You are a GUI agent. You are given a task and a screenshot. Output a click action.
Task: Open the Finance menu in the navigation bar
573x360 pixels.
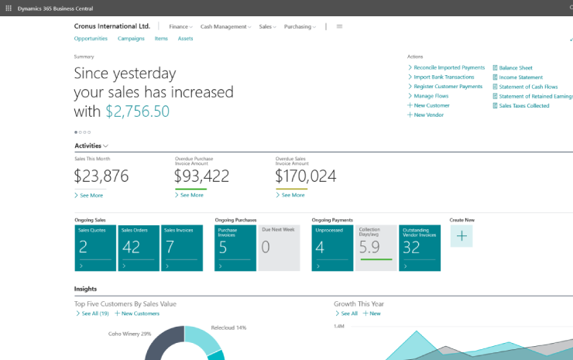point(180,26)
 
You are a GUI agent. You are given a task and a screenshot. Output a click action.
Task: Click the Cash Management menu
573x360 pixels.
point(225,26)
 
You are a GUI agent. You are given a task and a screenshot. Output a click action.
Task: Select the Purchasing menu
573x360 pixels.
point(300,26)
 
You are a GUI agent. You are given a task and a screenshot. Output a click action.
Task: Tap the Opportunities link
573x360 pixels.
point(91,39)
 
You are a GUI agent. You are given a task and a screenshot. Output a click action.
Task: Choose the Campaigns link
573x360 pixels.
point(131,39)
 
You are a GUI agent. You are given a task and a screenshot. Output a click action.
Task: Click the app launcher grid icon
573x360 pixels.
point(9,8)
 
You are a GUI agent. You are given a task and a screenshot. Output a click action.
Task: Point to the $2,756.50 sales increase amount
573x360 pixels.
point(137,111)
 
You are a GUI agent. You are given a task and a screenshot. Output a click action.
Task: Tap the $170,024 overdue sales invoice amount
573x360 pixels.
point(306,177)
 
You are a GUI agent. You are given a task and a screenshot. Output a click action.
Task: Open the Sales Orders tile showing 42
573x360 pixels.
point(139,248)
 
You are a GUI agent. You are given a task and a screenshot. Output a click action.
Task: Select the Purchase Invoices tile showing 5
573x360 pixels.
point(235,248)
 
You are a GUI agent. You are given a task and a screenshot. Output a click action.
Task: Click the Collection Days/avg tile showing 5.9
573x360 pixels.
point(376,248)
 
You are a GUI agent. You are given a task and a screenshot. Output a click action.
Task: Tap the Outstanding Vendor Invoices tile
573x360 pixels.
point(420,248)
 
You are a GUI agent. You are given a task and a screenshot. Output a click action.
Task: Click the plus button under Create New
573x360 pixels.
point(461,236)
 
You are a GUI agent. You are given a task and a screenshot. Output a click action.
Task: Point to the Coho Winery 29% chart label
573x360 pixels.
point(129,334)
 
